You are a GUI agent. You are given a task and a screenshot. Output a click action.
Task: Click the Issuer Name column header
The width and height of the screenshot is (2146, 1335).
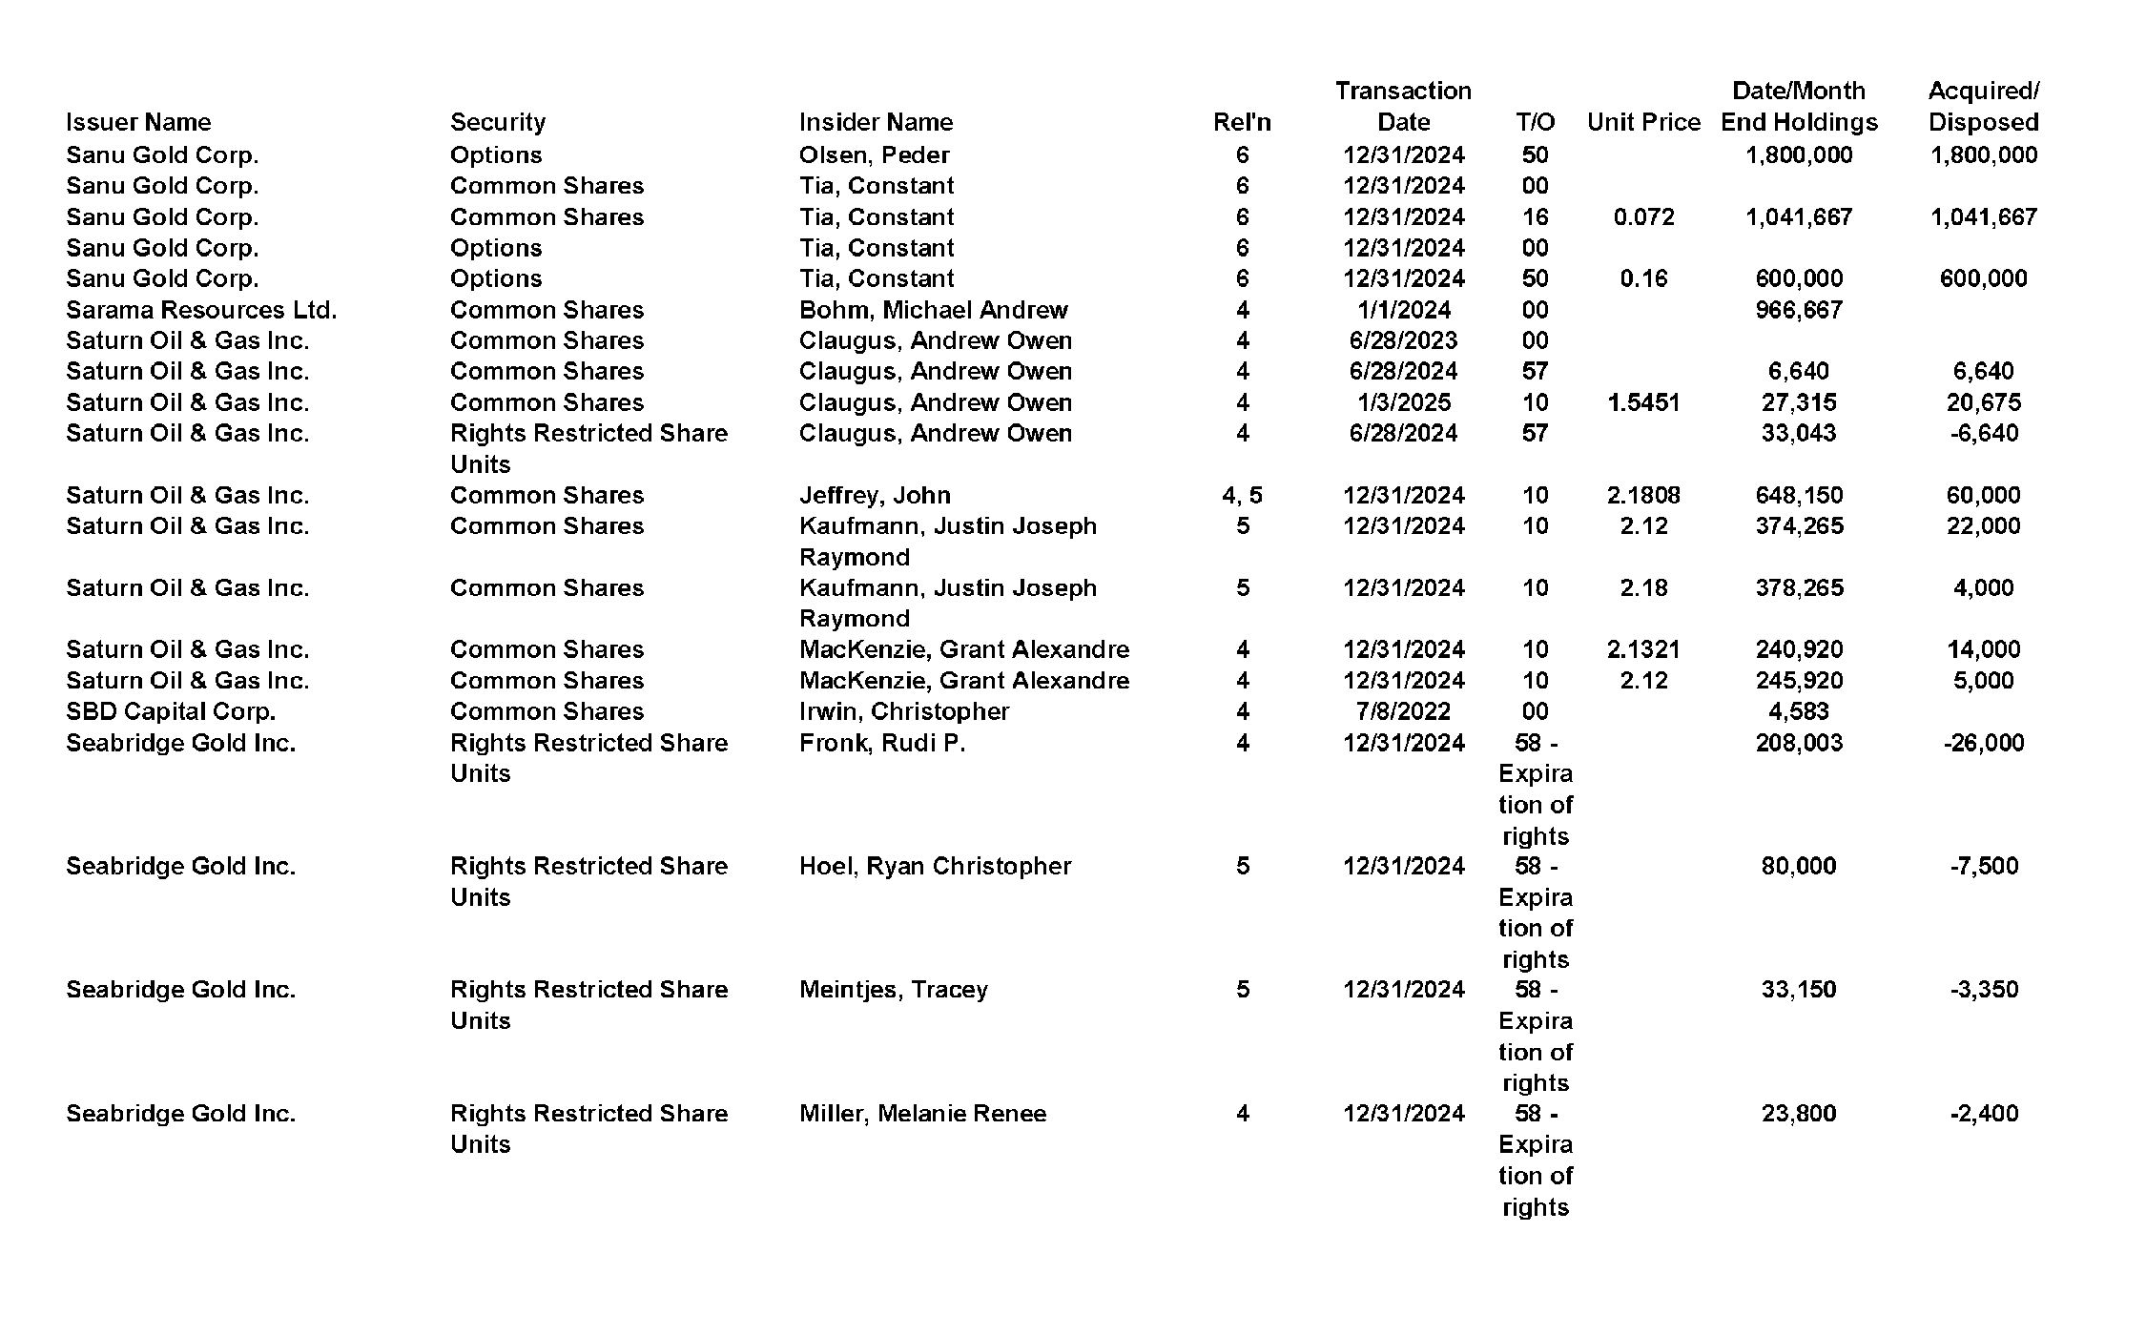(x=138, y=122)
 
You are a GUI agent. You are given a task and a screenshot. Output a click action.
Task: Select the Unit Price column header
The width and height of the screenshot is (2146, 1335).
(x=1643, y=122)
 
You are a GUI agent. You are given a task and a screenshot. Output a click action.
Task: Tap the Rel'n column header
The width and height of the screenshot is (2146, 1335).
(x=1242, y=122)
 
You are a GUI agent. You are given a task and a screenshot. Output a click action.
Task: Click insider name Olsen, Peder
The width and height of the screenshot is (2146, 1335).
(x=874, y=154)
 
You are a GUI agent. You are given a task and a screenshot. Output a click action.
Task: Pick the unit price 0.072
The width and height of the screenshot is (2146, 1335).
(x=1643, y=216)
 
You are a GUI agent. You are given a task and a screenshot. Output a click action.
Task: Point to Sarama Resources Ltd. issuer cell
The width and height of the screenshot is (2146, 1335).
(x=201, y=310)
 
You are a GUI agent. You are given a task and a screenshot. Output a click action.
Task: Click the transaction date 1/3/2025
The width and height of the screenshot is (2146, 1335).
(x=1403, y=402)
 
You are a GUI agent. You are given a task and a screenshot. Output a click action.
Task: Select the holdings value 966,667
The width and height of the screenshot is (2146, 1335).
(x=1798, y=310)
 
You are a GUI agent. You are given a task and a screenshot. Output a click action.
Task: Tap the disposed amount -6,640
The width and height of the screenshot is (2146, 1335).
(x=1983, y=433)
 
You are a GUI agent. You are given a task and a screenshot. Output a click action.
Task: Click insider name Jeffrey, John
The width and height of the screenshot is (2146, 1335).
(x=875, y=495)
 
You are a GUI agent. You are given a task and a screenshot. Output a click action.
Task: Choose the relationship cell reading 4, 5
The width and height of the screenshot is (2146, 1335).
(x=1242, y=495)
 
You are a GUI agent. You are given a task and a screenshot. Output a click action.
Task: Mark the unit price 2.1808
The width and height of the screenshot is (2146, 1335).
(x=1643, y=495)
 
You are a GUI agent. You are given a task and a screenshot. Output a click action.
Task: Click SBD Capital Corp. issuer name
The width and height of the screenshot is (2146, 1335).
(x=171, y=711)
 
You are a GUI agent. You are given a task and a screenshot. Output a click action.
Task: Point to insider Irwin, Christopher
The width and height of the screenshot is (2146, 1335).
(x=903, y=711)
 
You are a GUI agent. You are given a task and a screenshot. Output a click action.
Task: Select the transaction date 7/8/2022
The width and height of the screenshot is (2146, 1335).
(x=1403, y=711)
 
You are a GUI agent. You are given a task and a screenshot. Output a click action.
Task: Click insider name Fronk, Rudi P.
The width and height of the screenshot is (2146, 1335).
(x=882, y=743)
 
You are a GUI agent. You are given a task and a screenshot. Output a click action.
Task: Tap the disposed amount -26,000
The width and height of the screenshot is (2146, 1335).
(x=1983, y=743)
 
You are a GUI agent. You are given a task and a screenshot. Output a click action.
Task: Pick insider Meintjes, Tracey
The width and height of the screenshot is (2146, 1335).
(x=893, y=989)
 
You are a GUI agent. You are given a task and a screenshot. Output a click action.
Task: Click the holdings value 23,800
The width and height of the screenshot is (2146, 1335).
(x=1798, y=1113)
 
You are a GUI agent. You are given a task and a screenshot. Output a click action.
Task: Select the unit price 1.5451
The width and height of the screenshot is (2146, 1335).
(x=1643, y=402)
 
